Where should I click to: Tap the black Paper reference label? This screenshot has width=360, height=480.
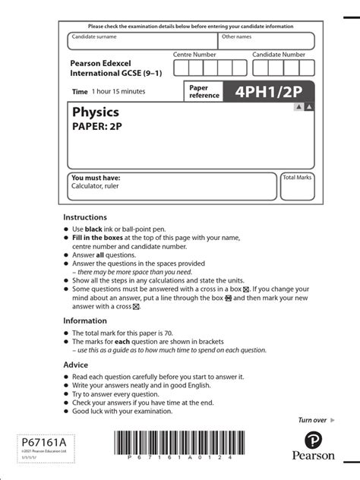click(203, 92)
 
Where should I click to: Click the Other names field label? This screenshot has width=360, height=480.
click(236, 36)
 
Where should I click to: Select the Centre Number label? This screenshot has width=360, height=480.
click(194, 55)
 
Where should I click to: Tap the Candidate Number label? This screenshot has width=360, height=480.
click(279, 55)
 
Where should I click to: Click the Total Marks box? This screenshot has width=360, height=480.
click(297, 186)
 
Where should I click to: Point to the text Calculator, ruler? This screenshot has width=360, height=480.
click(96, 185)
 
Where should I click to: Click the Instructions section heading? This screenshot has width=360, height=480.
click(86, 217)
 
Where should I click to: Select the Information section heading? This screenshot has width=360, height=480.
click(86, 321)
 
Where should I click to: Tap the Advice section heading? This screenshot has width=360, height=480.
click(76, 365)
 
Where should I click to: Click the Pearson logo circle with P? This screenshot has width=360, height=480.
click(319, 441)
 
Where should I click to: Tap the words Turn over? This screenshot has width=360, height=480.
click(312, 420)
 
